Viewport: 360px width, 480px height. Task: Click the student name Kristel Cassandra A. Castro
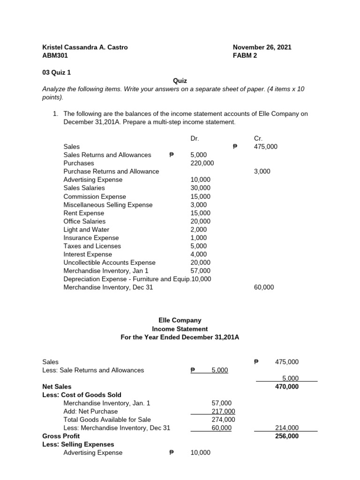85,47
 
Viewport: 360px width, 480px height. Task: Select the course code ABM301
55,55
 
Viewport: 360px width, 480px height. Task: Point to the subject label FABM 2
245,55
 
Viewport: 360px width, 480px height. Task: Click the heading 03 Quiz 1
57,72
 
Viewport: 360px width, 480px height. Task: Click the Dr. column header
195,138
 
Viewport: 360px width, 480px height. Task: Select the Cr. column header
258,138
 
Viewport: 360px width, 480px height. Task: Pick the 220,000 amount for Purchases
202,163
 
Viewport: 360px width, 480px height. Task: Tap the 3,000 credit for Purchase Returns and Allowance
262,172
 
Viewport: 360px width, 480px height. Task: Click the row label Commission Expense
95,196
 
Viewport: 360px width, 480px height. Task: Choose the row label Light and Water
86,230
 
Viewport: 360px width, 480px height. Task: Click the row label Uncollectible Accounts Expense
110,262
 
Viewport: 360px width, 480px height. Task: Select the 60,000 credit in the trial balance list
264,287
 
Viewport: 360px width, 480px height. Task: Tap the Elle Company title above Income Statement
180,320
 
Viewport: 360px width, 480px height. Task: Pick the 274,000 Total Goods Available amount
224,420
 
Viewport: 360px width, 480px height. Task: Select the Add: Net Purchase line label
91,412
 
